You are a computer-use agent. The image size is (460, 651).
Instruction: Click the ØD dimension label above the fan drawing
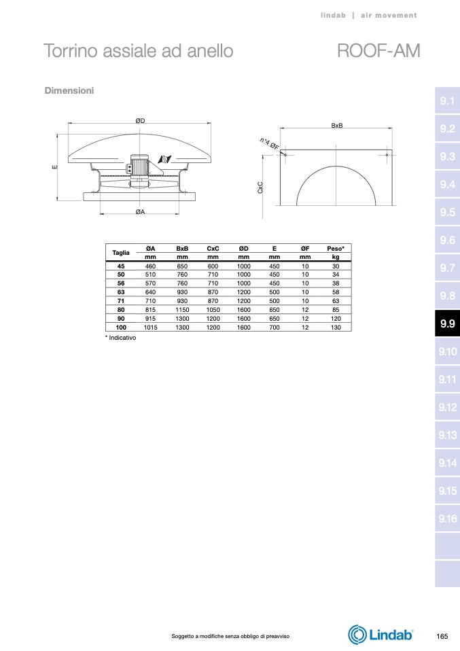click(x=141, y=121)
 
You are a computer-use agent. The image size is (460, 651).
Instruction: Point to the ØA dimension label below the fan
click(x=141, y=212)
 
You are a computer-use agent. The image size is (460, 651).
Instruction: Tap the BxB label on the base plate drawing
click(x=337, y=126)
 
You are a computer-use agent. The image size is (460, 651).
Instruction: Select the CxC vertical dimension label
click(x=260, y=188)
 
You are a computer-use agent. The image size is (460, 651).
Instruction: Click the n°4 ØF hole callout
click(x=270, y=143)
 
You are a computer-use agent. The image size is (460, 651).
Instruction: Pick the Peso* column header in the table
click(x=336, y=248)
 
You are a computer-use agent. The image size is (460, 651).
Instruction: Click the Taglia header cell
click(x=121, y=252)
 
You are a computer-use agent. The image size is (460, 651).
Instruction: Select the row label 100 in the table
click(x=121, y=327)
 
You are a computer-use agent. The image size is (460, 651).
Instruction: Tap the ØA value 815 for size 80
click(x=150, y=310)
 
